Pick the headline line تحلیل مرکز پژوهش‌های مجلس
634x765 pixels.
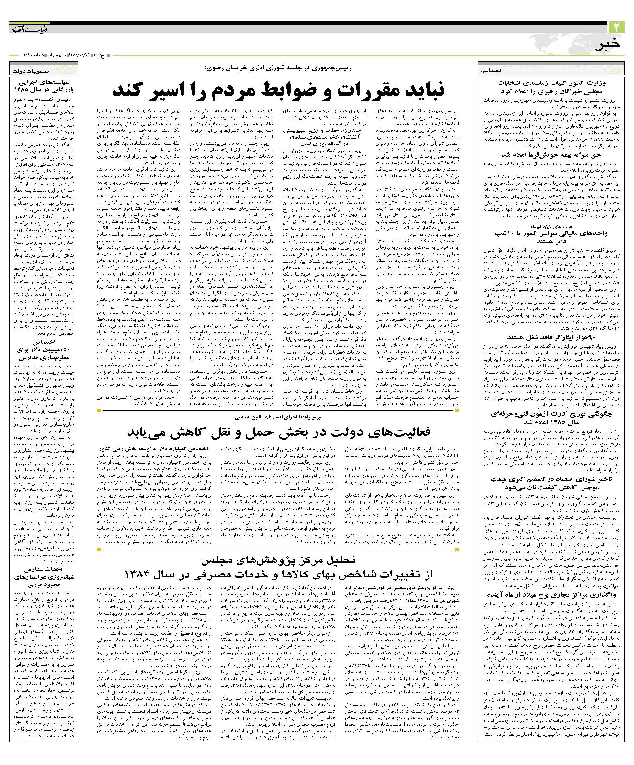click(277, 559)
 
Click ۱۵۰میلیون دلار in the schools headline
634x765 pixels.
click(44, 350)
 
